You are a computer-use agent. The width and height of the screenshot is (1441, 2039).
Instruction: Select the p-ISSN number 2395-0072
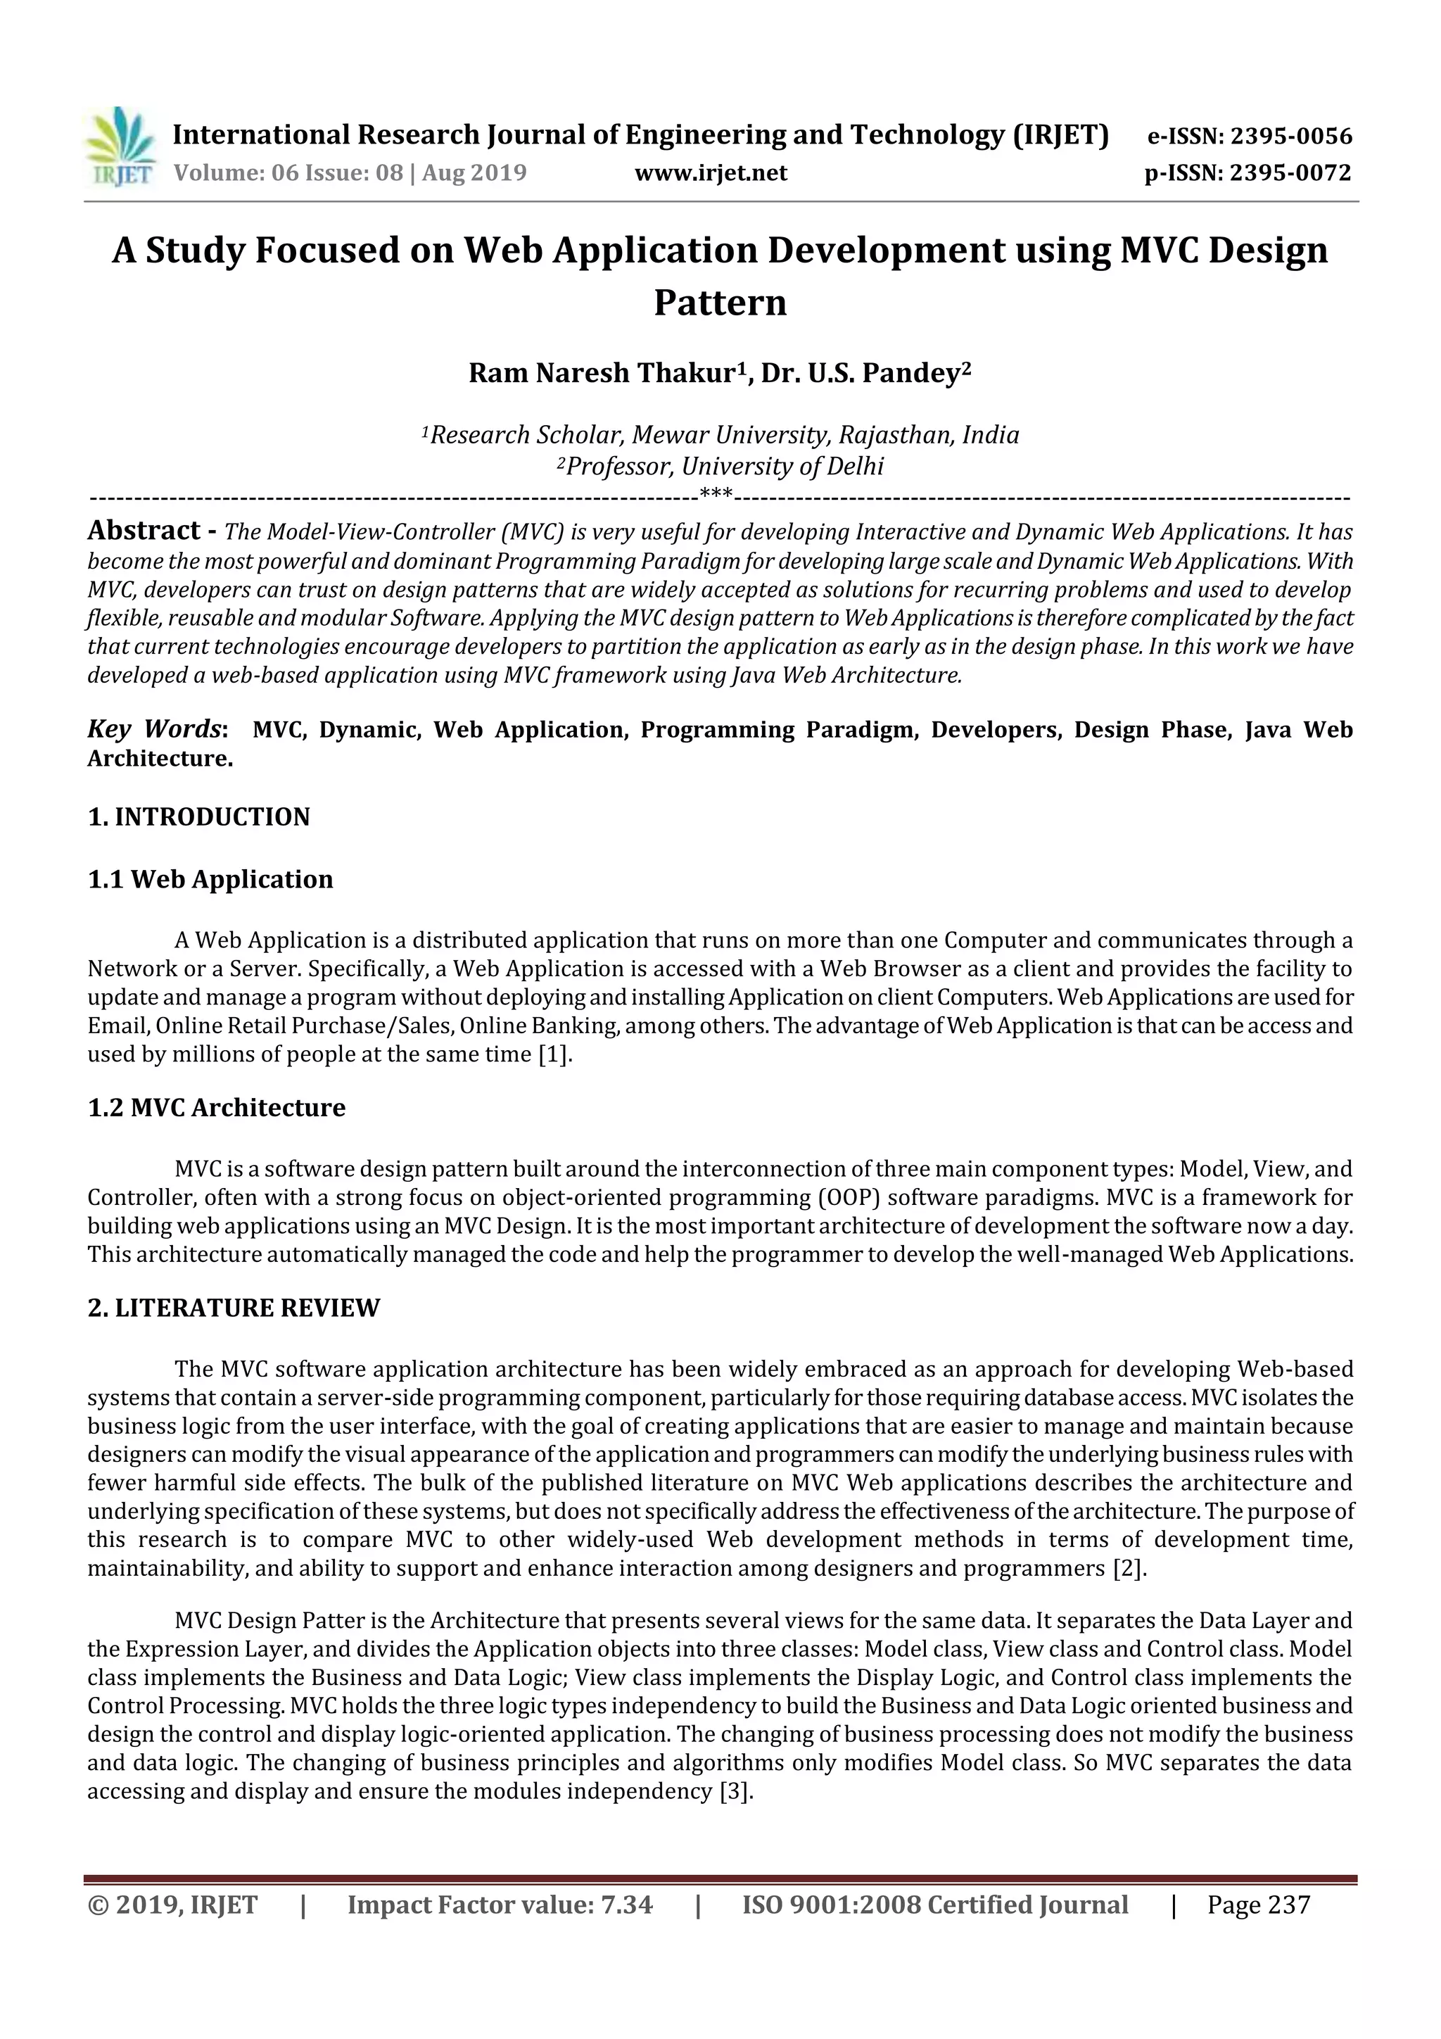click(1290, 172)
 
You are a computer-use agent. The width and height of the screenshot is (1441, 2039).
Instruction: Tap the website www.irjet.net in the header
click(710, 172)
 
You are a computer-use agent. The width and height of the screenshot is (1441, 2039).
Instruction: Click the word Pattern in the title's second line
click(720, 303)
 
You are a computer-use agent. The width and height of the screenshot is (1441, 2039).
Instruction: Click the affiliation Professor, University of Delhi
click(720, 466)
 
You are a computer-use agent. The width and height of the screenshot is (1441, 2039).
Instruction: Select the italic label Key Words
click(153, 730)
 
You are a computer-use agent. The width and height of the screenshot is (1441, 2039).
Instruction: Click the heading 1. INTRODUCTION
click(199, 817)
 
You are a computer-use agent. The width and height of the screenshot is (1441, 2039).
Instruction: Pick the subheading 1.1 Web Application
click(210, 879)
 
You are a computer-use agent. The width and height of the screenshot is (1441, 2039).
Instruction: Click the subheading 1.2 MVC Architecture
click(217, 1107)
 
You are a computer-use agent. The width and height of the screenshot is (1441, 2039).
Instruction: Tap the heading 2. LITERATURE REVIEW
click(234, 1308)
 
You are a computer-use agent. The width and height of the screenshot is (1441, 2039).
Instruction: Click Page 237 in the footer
click(1258, 1905)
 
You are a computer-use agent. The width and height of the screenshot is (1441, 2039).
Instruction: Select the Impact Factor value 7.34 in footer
click(621, 1905)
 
